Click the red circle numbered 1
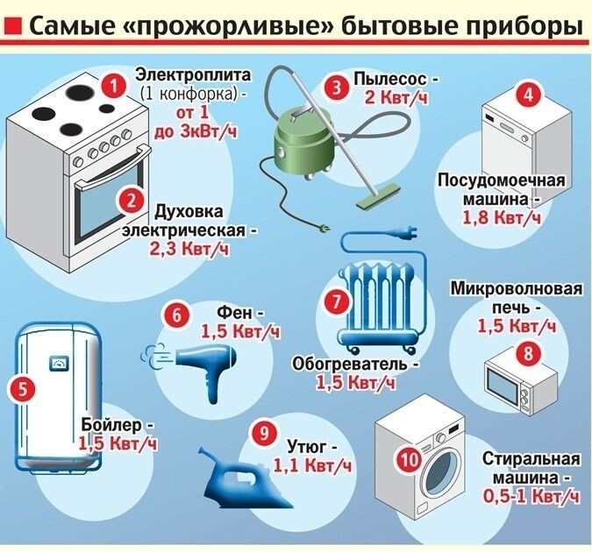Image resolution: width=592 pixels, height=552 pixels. pos(111,85)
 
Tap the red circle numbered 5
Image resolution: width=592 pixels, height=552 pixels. pos(24,386)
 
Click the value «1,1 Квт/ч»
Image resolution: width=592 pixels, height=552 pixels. pos(311,465)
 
